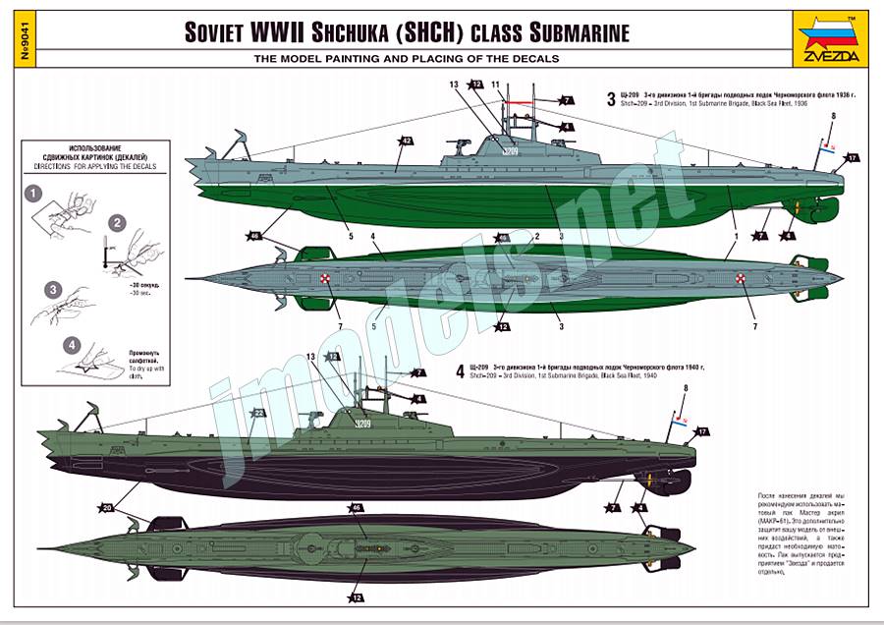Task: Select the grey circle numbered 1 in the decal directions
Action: pos(34,194)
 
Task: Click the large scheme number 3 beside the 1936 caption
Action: pos(611,97)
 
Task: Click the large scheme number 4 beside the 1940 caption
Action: pos(460,371)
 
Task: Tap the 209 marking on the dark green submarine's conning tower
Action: pos(362,424)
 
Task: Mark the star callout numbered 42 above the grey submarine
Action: pos(406,142)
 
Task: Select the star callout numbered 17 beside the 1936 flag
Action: pos(852,157)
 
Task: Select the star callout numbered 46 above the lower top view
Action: pos(357,508)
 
